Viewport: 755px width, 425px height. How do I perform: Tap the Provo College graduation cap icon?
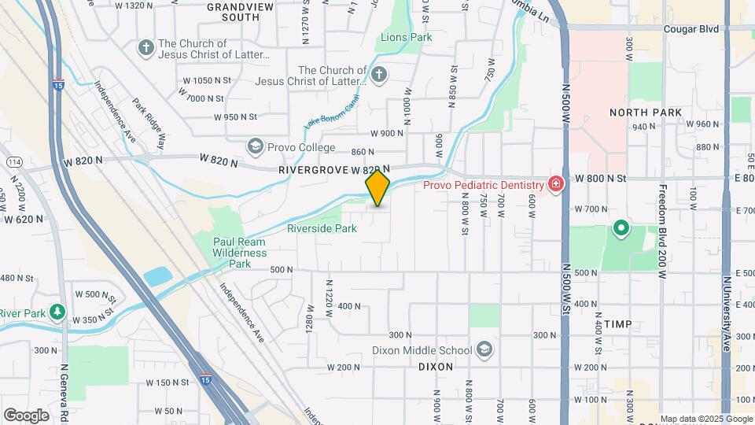click(255, 146)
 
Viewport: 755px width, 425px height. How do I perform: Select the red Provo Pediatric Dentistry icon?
click(556, 184)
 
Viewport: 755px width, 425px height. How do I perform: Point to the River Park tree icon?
click(57, 312)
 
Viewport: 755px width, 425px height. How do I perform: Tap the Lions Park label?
click(406, 37)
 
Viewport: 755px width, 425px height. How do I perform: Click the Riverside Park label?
click(322, 228)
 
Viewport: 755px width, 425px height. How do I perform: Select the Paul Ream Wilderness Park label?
click(240, 253)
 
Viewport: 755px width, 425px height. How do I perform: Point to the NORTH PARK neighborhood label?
click(646, 113)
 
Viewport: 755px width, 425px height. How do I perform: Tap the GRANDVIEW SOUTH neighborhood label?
click(234, 11)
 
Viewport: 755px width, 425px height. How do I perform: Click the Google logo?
click(26, 415)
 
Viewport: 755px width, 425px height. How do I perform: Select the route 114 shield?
click(13, 161)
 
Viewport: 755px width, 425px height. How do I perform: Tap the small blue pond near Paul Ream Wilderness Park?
click(157, 275)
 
